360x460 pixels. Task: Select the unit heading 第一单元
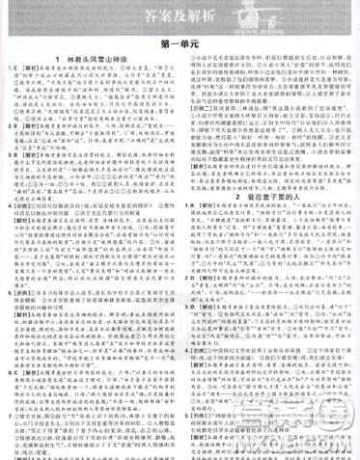[x=180, y=45]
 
